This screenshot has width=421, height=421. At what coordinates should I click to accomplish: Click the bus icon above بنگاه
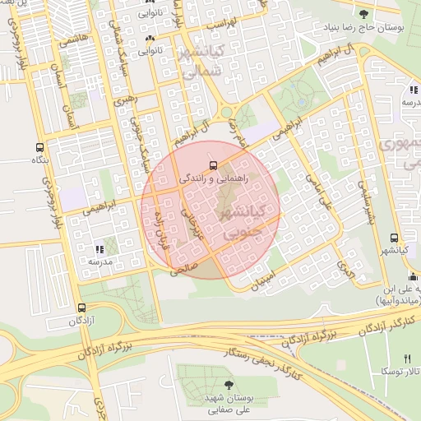point(39,147)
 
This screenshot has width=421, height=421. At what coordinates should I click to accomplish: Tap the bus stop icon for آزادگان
point(81,307)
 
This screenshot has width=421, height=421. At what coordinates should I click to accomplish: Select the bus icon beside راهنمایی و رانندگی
point(214,164)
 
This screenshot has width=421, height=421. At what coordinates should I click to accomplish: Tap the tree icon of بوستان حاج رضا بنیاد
point(364,14)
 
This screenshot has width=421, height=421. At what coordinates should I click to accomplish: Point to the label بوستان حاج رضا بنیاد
point(364,28)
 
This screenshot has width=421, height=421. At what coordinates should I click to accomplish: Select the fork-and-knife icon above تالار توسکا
point(407,359)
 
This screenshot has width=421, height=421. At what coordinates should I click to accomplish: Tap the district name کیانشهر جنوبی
point(238,222)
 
